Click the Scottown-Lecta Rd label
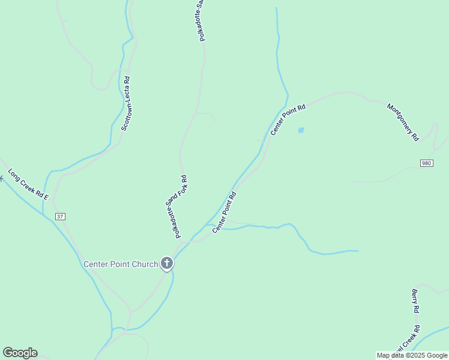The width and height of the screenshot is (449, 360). coord(126,103)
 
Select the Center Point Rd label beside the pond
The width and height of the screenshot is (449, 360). coord(288,119)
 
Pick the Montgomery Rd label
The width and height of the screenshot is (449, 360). coord(403,122)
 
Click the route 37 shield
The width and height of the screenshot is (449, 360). coord(59,216)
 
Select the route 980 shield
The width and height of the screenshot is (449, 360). coord(426,163)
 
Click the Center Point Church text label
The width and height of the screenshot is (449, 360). coord(121,264)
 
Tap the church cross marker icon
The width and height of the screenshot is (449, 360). coord(166,263)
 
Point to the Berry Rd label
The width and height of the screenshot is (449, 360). coord(415,301)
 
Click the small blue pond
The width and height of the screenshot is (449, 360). coord(301,130)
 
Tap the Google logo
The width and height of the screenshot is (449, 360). coord(20,353)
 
